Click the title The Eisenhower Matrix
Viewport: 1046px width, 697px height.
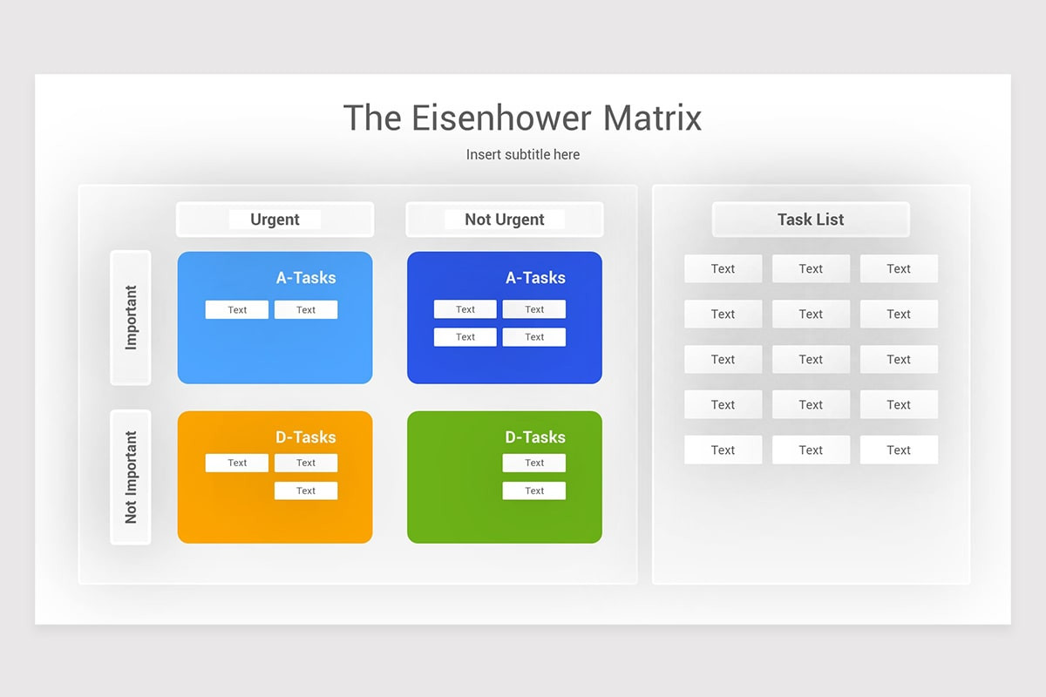[522, 118]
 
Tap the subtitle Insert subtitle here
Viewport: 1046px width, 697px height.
[522, 154]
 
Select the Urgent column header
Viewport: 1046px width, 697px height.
[275, 220]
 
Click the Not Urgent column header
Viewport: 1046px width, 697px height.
[504, 220]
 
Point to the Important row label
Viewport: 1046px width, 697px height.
[131, 317]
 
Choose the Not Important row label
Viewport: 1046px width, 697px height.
[131, 477]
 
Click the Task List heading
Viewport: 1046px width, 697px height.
[811, 220]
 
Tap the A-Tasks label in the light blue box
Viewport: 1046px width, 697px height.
[306, 278]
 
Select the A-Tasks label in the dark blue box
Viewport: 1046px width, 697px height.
[535, 278]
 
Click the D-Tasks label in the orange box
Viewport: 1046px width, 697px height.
[306, 437]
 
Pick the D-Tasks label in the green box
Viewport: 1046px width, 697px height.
[535, 437]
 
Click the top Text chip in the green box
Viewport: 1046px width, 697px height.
[534, 464]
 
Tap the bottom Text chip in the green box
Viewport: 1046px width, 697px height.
[534, 491]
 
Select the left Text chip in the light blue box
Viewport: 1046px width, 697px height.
[237, 310]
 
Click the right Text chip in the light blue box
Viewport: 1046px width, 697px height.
[306, 310]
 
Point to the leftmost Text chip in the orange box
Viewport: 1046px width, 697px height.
[237, 464]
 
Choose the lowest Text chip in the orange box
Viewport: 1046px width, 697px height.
[306, 491]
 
